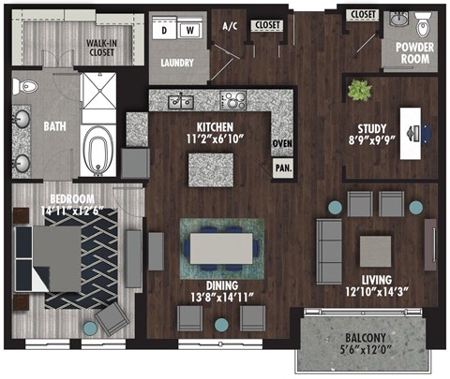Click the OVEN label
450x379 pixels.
tap(281, 143)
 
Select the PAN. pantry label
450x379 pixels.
tap(281, 169)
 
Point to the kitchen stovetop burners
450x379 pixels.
tap(232, 99)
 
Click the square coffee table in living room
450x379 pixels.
tap(375, 249)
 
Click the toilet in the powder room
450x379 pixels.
tap(400, 20)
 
